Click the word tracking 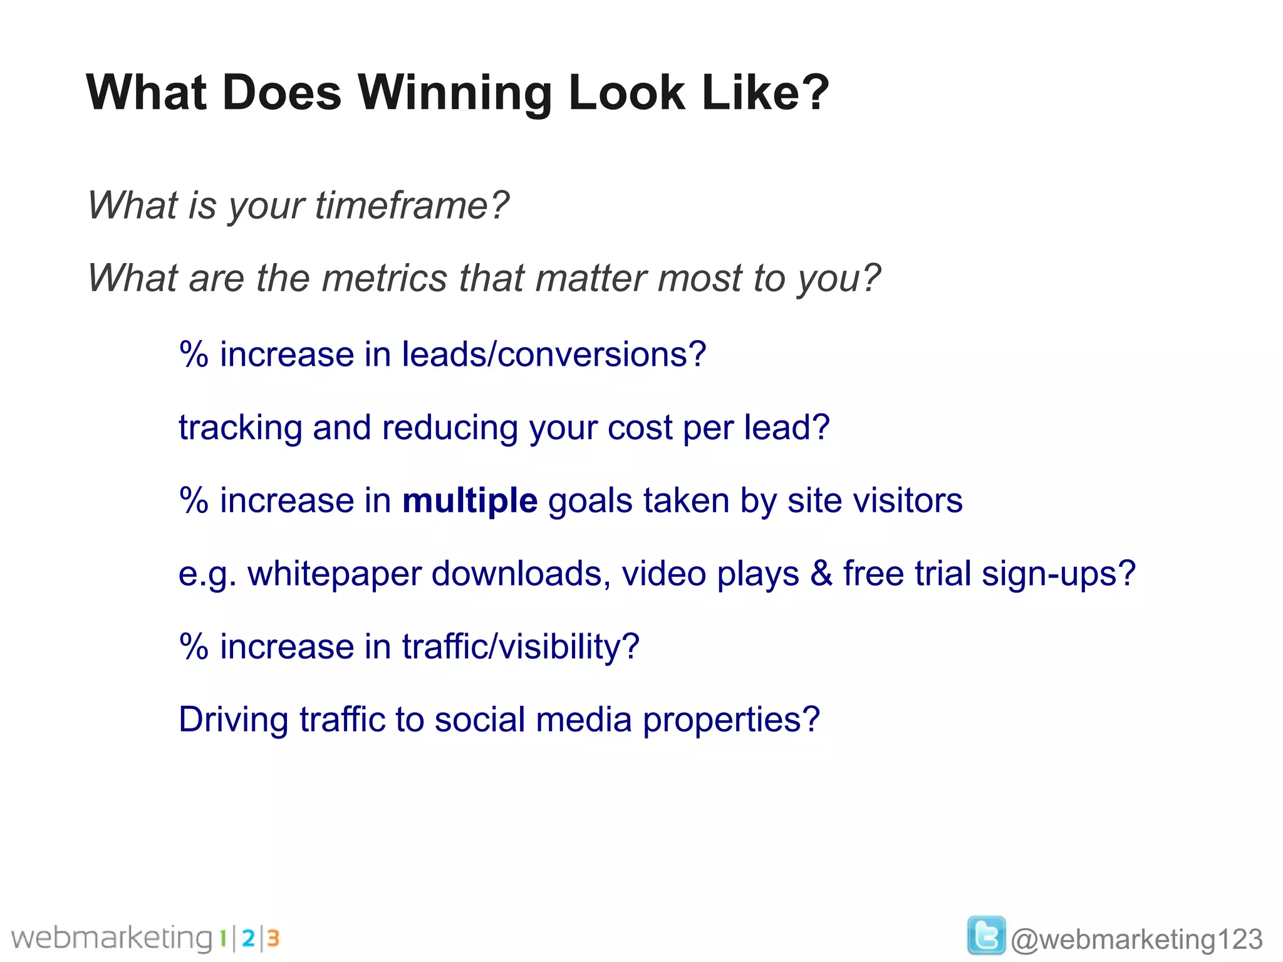tap(240, 428)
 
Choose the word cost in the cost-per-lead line tap(640, 428)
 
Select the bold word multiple tap(470, 501)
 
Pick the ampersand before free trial tap(821, 574)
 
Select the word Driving tap(233, 720)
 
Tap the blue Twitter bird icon tap(986, 935)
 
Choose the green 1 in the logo tap(222, 938)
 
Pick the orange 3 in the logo tap(273, 938)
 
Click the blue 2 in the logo tap(248, 938)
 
